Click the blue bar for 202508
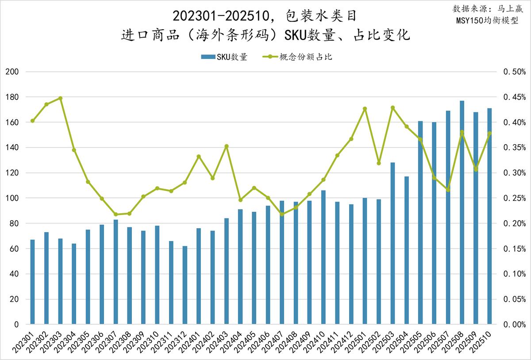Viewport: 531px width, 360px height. (462, 212)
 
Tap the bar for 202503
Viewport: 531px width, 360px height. (392, 243)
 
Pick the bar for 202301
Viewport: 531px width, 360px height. (32, 282)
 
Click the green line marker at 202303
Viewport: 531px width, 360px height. (60, 98)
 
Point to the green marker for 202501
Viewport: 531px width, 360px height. (365, 108)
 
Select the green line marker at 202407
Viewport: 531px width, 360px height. (282, 214)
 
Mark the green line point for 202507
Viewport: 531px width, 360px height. (448, 190)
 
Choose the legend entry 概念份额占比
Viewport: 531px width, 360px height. (300, 57)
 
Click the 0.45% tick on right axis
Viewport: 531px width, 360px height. (514, 97)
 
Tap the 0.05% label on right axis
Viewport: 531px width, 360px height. (514, 299)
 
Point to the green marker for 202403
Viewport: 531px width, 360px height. (227, 146)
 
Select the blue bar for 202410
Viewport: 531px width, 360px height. (323, 257)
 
